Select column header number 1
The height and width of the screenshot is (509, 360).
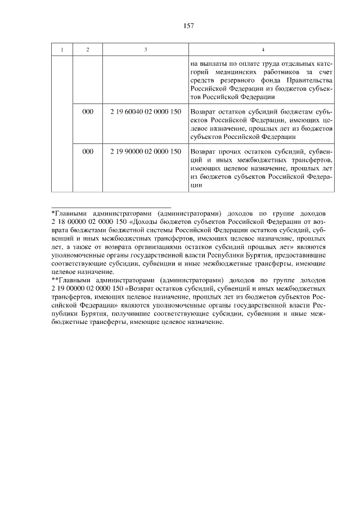pyautogui.click(x=62, y=49)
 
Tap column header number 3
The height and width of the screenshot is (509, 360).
pyautogui.click(x=145, y=49)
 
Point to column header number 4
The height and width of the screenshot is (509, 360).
pyautogui.click(x=262, y=49)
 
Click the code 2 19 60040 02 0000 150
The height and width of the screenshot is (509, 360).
pyautogui.click(x=145, y=112)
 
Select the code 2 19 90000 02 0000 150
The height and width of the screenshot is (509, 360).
pyautogui.click(x=145, y=152)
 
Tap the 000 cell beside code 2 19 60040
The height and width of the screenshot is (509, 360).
pyautogui.click(x=87, y=112)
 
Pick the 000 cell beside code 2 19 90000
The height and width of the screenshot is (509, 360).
pyautogui.click(x=87, y=152)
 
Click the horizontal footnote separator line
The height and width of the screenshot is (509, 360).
pyautogui.click(x=111, y=207)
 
